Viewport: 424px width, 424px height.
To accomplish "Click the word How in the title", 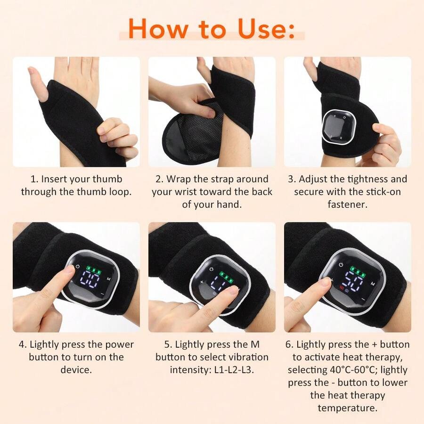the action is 158,28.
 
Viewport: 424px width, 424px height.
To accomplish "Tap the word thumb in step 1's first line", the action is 107,179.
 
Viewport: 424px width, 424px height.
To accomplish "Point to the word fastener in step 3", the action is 348,204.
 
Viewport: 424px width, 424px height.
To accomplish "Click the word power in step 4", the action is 119,345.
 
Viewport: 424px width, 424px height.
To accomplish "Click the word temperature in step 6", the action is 348,408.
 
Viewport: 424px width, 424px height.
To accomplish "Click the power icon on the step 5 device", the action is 212,269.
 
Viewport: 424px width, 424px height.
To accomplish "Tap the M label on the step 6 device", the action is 373,284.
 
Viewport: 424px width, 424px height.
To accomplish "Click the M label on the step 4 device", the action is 108,279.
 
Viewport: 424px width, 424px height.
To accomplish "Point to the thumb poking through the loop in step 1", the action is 37,83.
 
